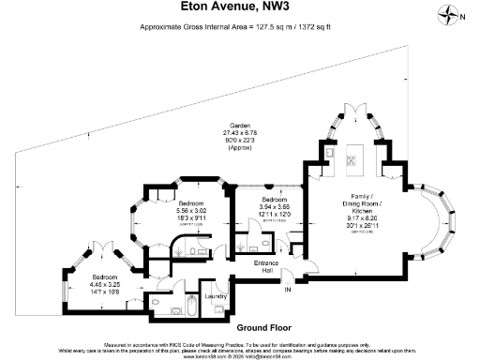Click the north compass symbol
(x=457, y=14)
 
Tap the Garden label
(x=239, y=127)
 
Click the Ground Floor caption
(x=240, y=328)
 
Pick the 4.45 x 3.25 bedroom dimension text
(x=106, y=284)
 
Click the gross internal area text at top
(x=241, y=27)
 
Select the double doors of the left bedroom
(x=98, y=248)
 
